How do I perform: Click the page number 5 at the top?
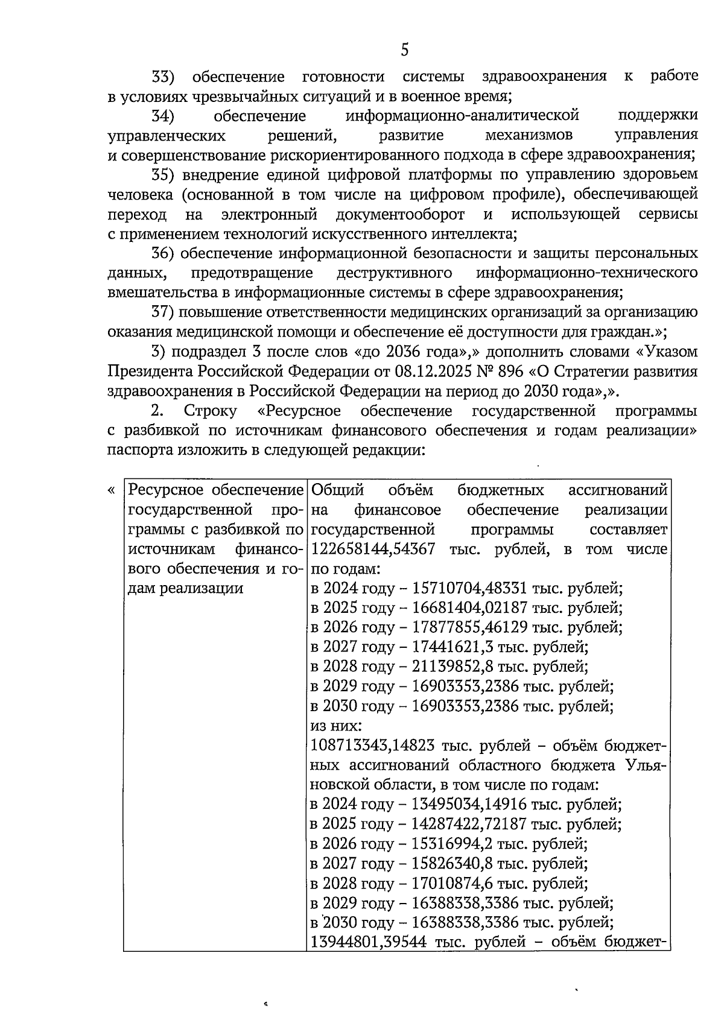pyautogui.click(x=404, y=50)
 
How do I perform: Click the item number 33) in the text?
pyautogui.click(x=162, y=77)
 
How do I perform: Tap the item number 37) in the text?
pyautogui.click(x=162, y=312)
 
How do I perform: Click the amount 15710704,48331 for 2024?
pyautogui.click(x=464, y=588)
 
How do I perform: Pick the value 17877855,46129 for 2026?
pyautogui.click(x=464, y=627)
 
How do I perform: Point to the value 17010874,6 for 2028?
pyautogui.click(x=447, y=884)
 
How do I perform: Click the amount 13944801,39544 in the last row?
pyautogui.click(x=368, y=942)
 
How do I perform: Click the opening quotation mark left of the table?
pyautogui.click(x=112, y=490)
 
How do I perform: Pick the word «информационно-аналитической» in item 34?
pyautogui.click(x=462, y=115)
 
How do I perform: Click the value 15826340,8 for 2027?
pyautogui.click(x=447, y=864)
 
